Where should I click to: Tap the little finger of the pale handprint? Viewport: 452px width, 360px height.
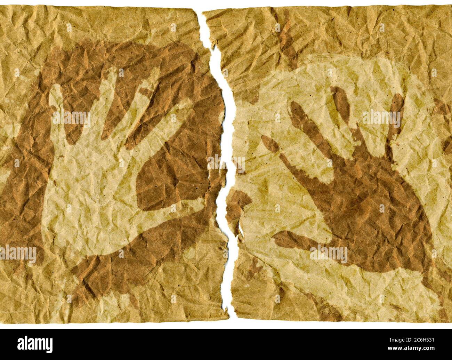[x=56, y=101]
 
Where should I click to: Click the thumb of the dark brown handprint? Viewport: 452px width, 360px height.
[x=296, y=240]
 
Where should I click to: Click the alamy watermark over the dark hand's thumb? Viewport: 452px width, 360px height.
[x=328, y=254]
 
